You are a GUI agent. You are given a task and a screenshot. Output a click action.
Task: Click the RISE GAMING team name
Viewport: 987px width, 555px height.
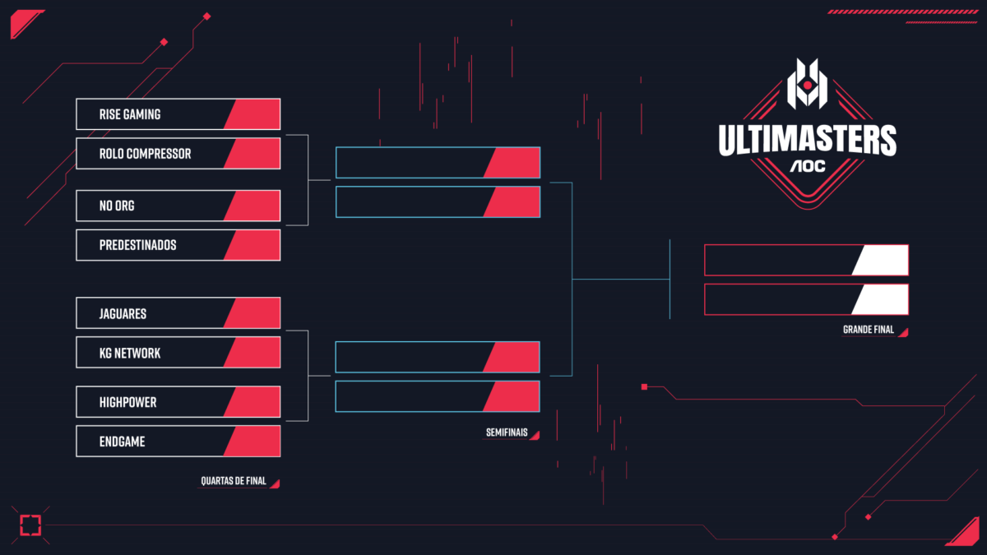point(130,114)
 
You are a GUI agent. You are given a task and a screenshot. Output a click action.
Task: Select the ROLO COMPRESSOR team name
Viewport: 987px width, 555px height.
point(145,154)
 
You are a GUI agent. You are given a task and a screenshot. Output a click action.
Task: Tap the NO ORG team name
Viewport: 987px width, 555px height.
point(117,206)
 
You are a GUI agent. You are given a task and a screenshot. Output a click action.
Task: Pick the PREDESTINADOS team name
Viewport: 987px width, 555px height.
point(138,245)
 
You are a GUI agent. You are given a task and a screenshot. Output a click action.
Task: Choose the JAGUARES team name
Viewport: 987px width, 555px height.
point(123,313)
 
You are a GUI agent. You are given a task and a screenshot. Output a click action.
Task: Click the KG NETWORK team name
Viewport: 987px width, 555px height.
point(130,353)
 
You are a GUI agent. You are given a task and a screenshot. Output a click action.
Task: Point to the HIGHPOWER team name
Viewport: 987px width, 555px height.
point(128,402)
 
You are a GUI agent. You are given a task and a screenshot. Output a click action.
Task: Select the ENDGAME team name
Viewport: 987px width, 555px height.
point(123,442)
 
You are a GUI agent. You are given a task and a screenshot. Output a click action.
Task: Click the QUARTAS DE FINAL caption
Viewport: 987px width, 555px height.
point(234,481)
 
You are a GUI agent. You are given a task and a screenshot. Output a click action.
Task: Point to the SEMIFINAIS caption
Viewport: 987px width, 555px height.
point(506,433)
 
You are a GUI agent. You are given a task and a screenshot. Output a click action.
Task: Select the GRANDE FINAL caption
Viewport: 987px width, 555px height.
point(869,331)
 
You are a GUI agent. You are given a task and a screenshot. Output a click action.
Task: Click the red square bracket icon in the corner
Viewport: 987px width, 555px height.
point(30,525)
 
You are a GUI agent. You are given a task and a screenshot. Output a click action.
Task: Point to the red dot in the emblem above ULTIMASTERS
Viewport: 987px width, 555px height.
point(808,85)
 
